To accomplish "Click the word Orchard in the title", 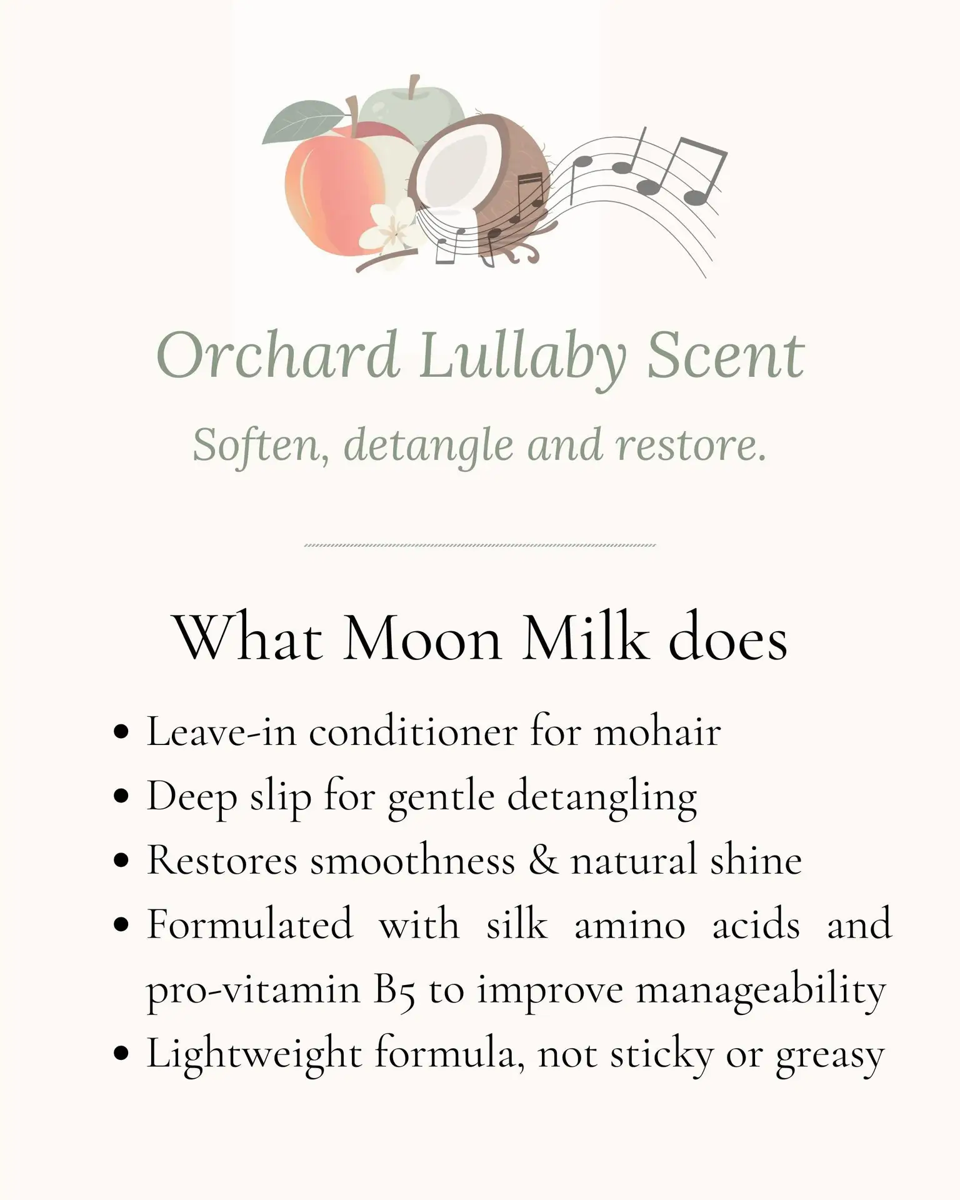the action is coord(278,356).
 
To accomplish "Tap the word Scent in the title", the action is coord(726,356).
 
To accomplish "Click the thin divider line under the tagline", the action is coord(480,545).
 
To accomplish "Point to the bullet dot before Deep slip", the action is coord(122,797).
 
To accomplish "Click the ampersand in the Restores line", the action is coord(542,861).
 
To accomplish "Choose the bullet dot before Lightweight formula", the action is coord(122,1056).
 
